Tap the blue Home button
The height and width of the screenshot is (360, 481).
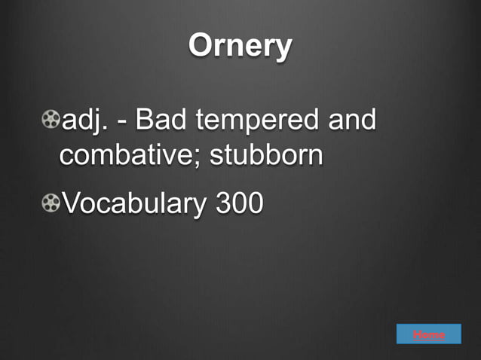[x=428, y=334]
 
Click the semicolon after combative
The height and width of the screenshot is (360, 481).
[x=201, y=158]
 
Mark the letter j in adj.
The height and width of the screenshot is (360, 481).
[x=97, y=121]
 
